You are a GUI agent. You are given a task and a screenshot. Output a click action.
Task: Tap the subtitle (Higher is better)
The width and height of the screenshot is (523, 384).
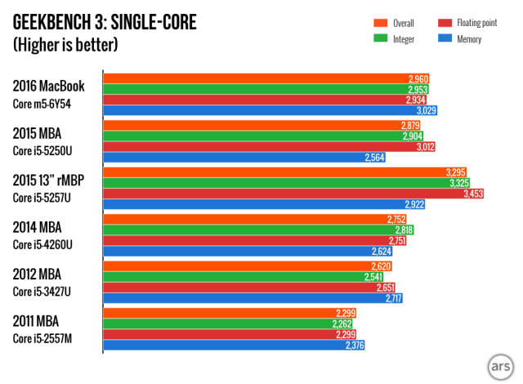[x=67, y=45]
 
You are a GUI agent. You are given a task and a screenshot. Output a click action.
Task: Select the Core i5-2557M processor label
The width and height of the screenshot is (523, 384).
[x=48, y=337]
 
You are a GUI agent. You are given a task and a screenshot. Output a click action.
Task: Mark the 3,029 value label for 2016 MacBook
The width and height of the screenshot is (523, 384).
[x=427, y=110]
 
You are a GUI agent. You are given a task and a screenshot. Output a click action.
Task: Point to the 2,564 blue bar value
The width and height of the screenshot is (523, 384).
[x=374, y=158]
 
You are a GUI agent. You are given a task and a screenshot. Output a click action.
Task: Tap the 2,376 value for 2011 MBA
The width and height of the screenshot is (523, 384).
[x=354, y=346]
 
